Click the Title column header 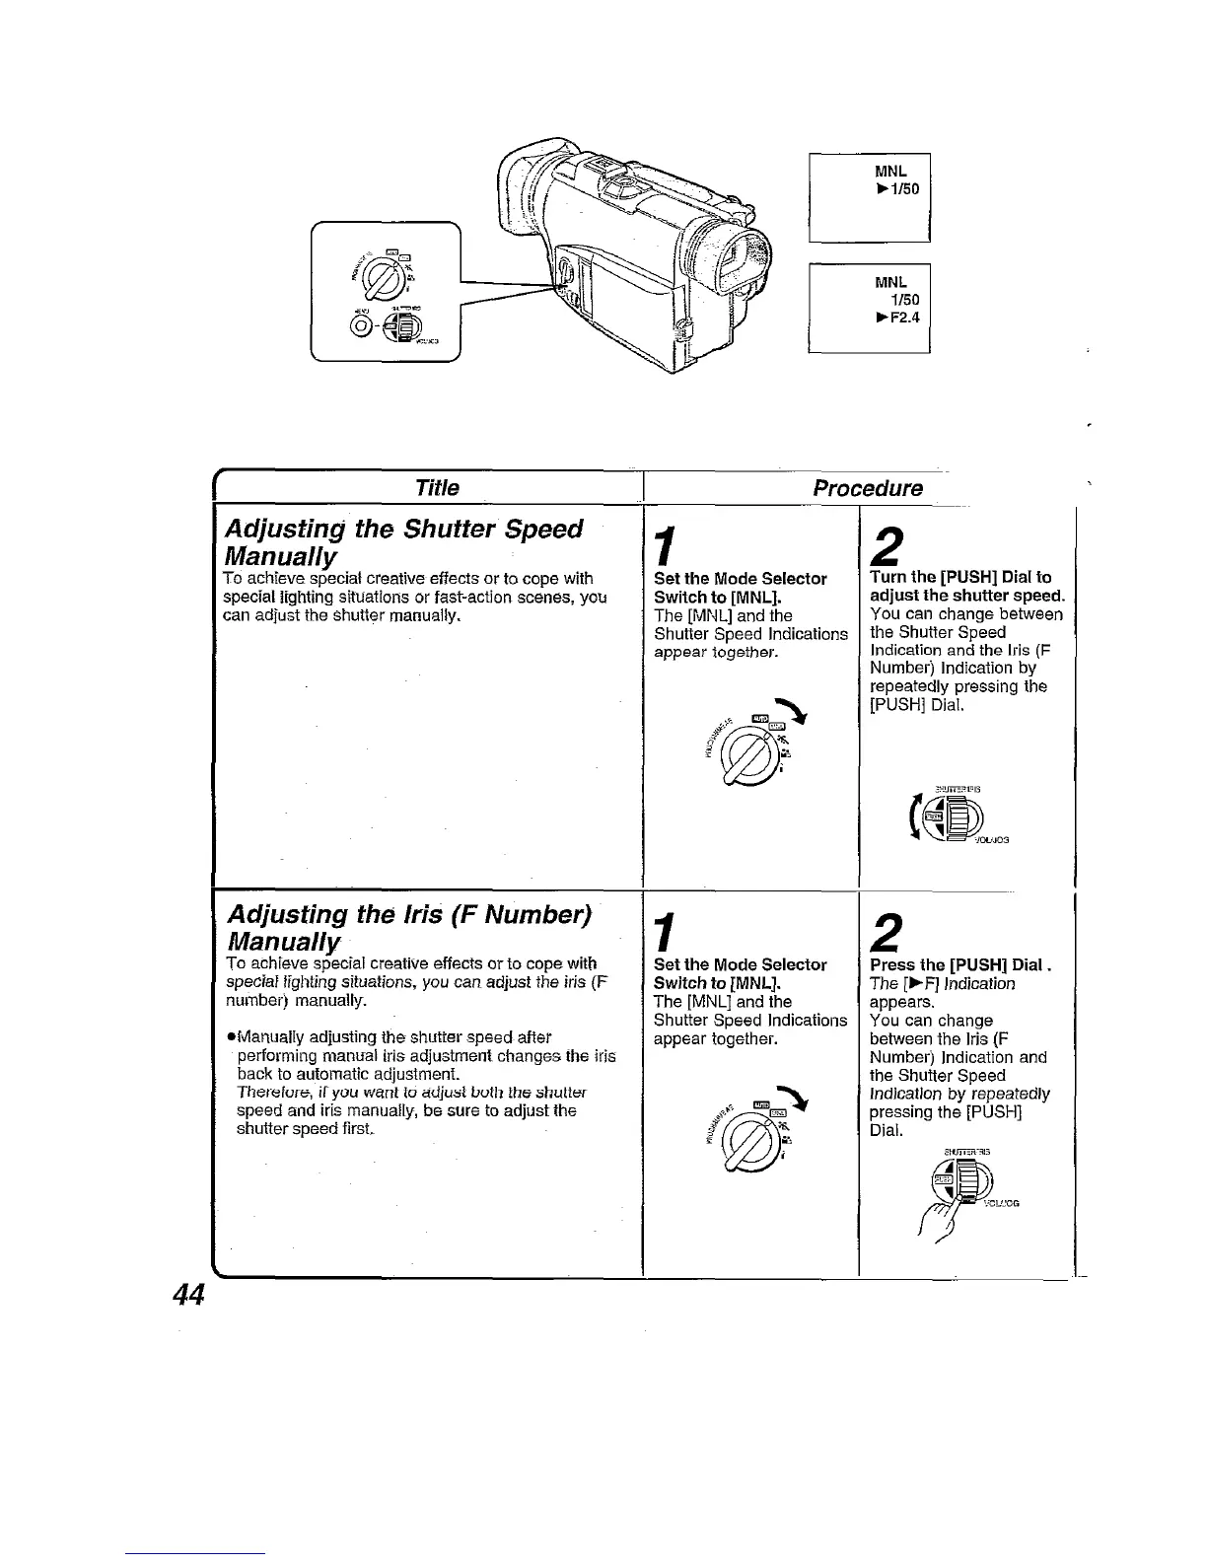point(437,488)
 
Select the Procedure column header point(868,488)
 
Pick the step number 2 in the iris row point(887,932)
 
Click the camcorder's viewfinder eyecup point(524,197)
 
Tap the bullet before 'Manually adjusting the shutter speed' point(230,1037)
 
